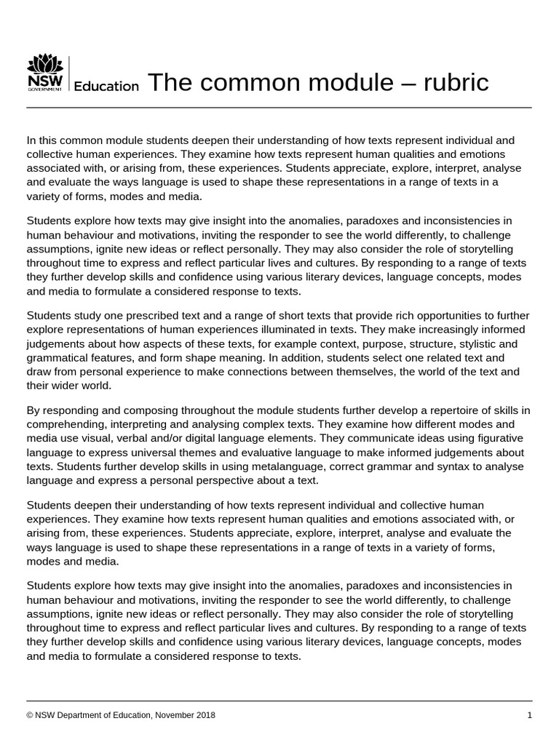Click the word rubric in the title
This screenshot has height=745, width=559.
tap(453, 83)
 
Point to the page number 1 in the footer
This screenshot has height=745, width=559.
tap(530, 715)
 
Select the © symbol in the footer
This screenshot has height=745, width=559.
tap(30, 715)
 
